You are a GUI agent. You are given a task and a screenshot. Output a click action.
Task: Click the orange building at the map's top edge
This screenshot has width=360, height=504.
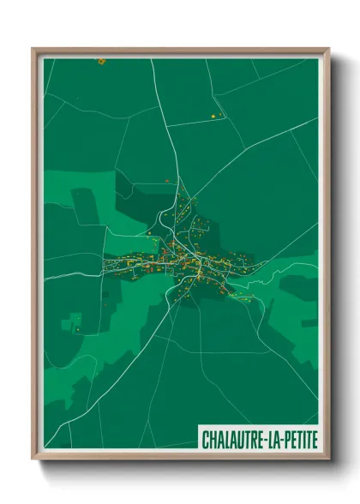coord(100,61)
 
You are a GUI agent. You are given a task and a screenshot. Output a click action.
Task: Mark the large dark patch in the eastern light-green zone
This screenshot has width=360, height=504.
coord(296,286)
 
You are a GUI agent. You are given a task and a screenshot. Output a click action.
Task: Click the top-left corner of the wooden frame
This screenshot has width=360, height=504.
coord(33,49)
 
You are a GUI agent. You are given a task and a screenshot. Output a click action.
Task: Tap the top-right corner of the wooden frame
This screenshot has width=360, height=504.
coord(328,49)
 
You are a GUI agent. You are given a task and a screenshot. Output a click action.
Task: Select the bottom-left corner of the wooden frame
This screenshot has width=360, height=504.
coord(33,458)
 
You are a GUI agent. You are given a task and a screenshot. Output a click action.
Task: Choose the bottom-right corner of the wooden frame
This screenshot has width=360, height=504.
coord(328,458)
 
